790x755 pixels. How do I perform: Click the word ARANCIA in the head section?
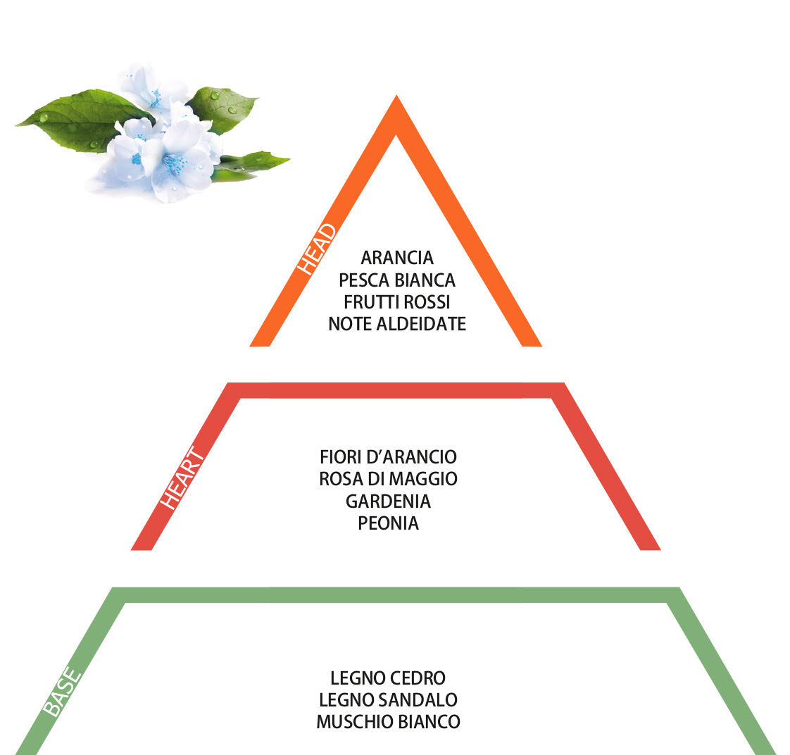pyautogui.click(x=397, y=258)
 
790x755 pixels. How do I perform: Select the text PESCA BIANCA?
pyautogui.click(x=397, y=280)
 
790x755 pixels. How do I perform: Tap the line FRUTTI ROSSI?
pyautogui.click(x=397, y=302)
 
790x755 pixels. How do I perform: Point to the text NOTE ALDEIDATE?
pyautogui.click(x=397, y=324)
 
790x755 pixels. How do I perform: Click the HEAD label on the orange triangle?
pyautogui.click(x=316, y=249)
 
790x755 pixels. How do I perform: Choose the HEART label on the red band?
pyautogui.click(x=182, y=478)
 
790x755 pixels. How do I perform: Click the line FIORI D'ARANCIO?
pyautogui.click(x=388, y=457)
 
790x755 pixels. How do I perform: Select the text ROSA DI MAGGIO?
pyautogui.click(x=388, y=479)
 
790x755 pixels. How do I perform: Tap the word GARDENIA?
pyautogui.click(x=388, y=501)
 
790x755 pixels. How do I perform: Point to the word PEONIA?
pyautogui.click(x=388, y=524)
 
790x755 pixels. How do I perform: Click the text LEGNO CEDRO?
pyautogui.click(x=388, y=678)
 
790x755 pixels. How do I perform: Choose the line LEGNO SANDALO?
pyautogui.click(x=388, y=700)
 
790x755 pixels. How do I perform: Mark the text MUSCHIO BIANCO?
pyautogui.click(x=388, y=722)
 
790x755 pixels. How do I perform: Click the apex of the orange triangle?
pyautogui.click(x=396, y=96)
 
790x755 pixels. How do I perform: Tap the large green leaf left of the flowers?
pyautogui.click(x=80, y=120)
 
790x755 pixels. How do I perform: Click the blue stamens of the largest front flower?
pyautogui.click(x=175, y=164)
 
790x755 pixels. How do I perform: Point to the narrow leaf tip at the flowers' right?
pyautogui.click(x=285, y=161)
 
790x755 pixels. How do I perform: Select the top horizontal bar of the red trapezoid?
pyautogui.click(x=396, y=390)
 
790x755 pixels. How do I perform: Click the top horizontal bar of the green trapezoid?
pyautogui.click(x=396, y=594)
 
